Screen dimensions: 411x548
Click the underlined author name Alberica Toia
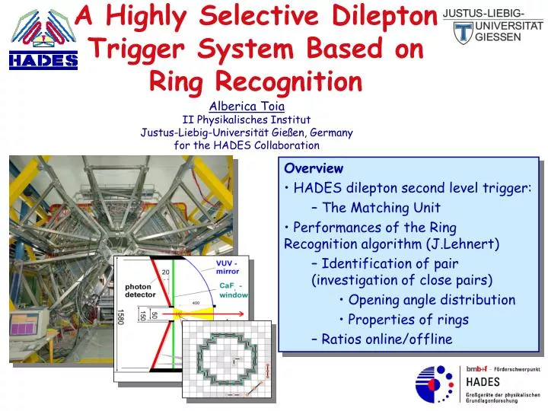click(247, 107)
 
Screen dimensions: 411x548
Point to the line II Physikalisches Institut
click(247, 119)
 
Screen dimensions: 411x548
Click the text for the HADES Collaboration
click(247, 145)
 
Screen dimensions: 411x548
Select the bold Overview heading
click(314, 168)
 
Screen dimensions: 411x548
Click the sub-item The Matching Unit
click(381, 207)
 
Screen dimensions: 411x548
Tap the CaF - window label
click(233, 290)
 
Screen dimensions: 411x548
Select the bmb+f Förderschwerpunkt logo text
click(503, 369)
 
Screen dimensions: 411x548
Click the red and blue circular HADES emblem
click(436, 384)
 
